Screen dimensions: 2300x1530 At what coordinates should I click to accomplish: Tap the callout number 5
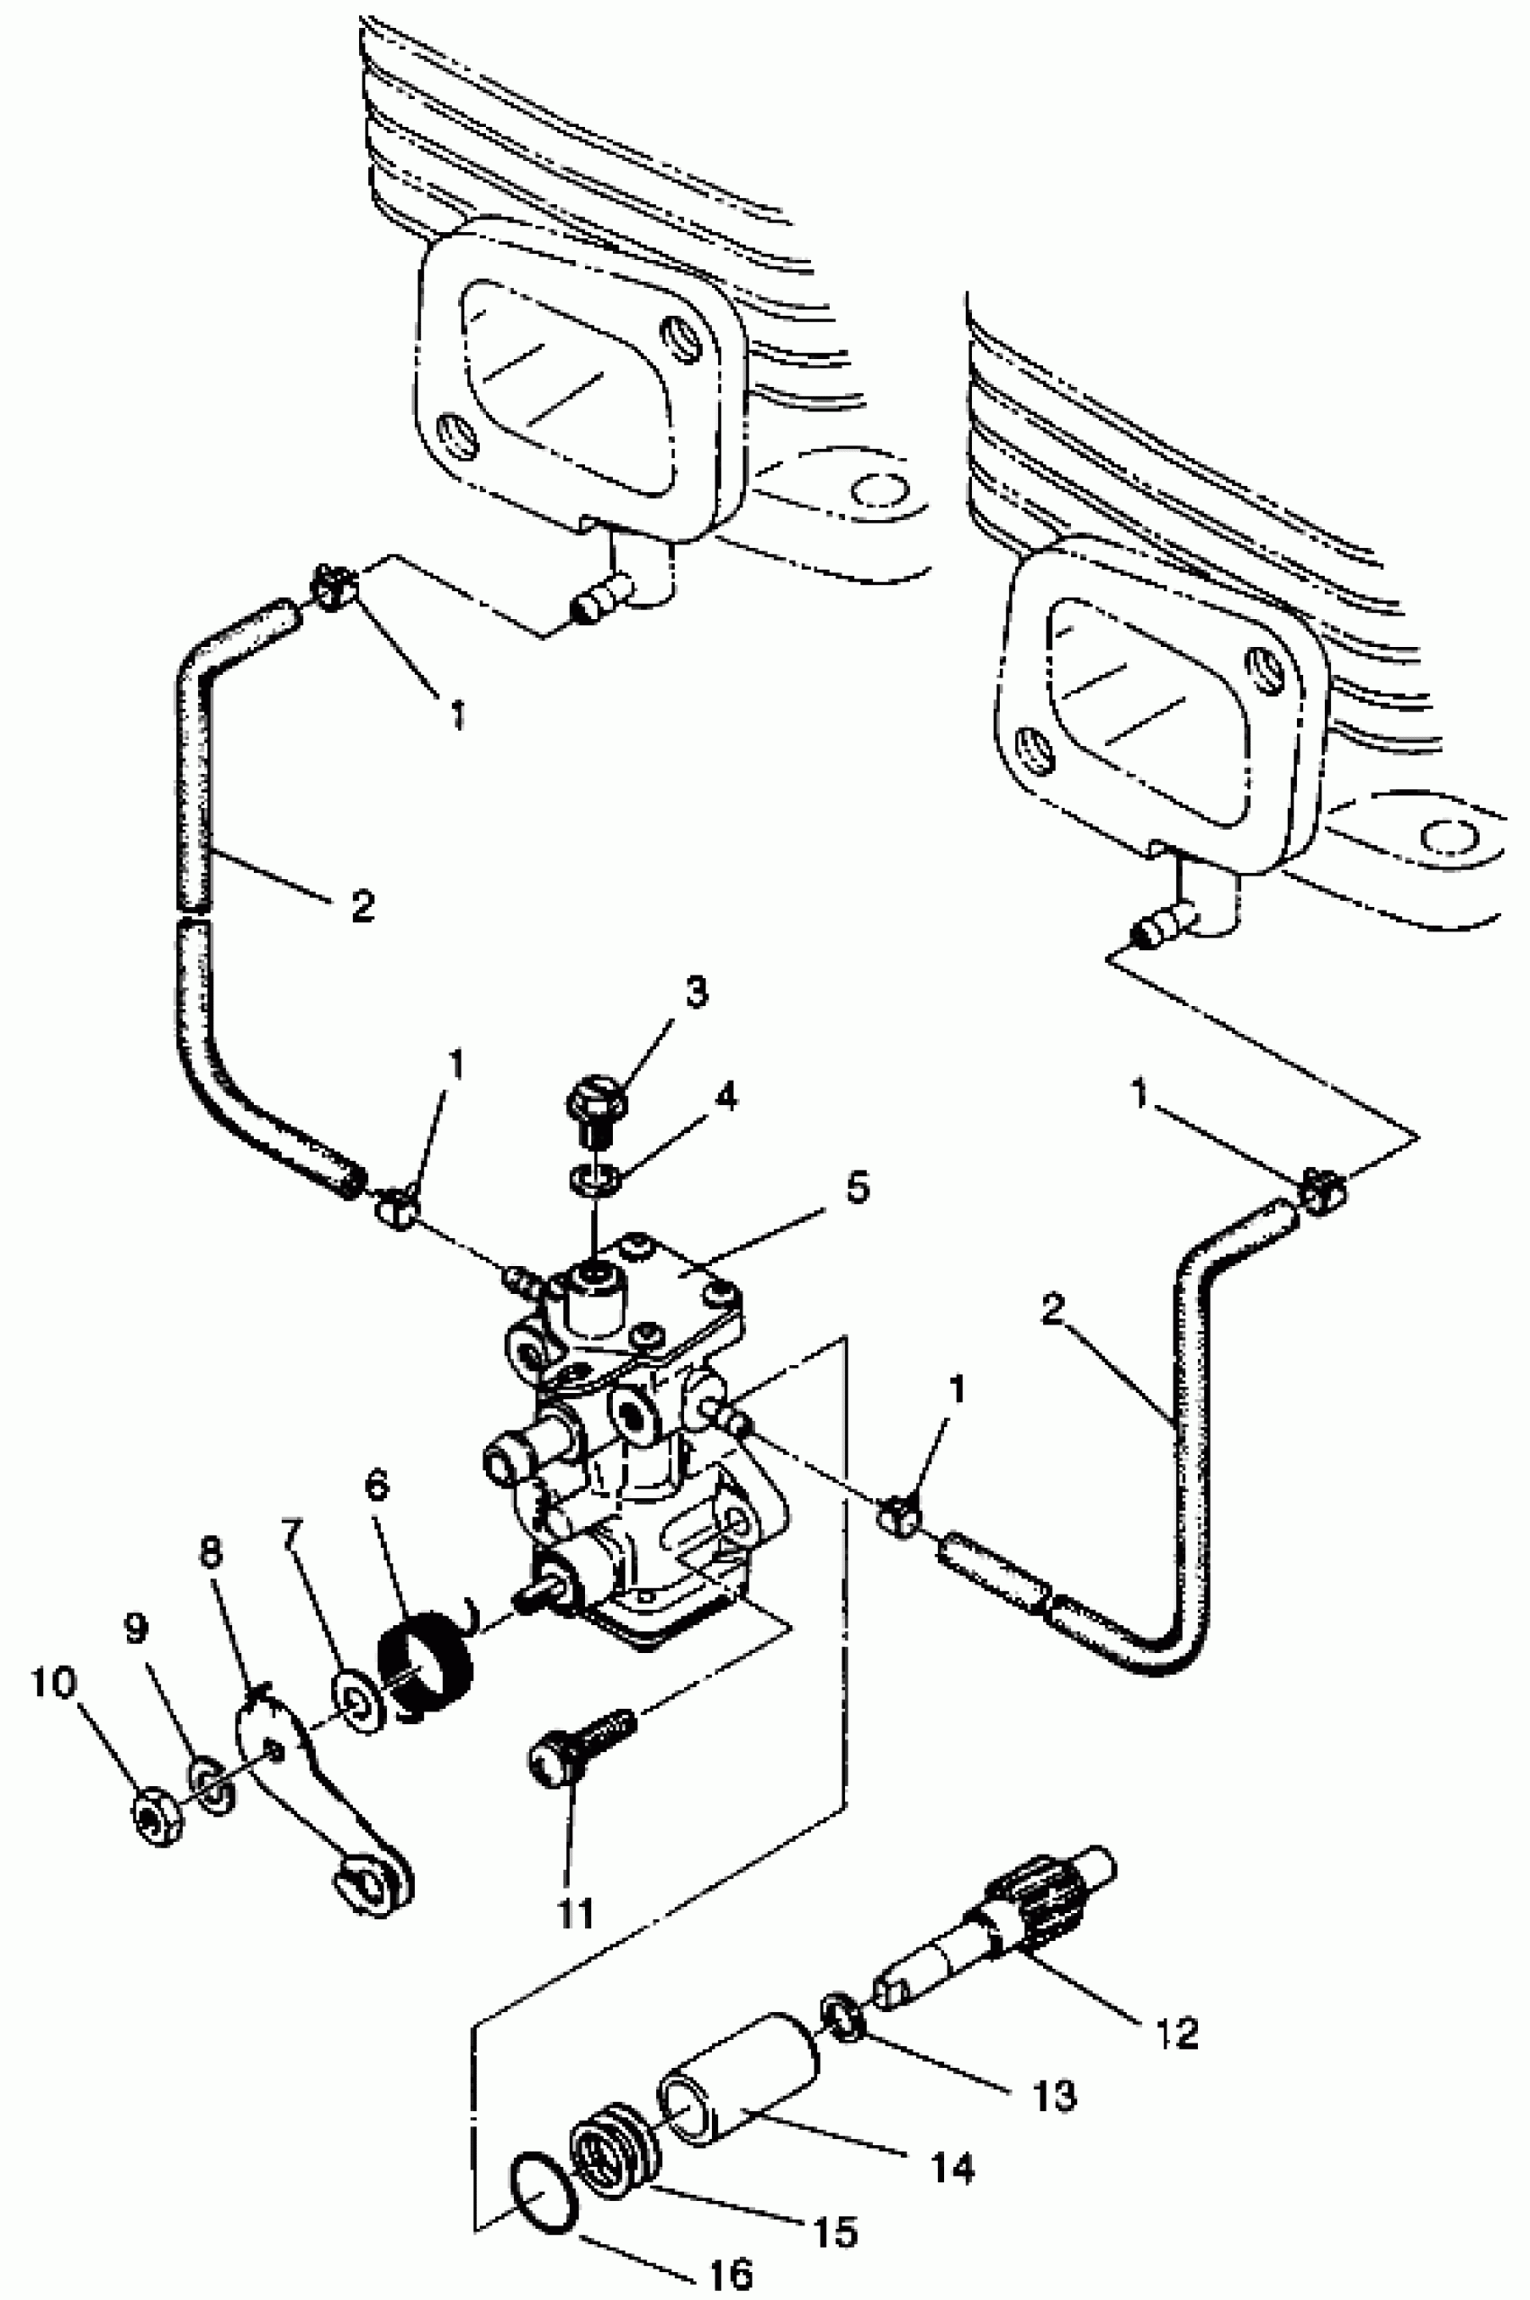(x=858, y=1189)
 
